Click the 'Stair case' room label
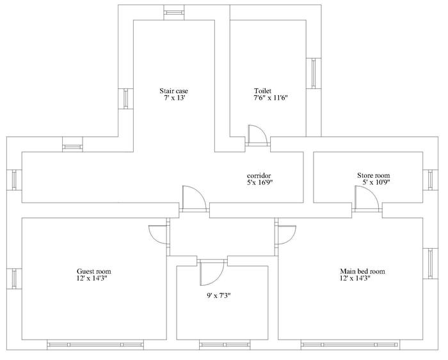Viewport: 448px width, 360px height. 173,91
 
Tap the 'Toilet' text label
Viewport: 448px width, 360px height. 262,91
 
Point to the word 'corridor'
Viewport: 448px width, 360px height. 259,176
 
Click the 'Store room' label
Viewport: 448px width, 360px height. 373,176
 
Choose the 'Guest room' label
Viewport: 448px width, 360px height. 93,271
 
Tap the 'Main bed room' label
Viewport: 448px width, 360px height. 362,271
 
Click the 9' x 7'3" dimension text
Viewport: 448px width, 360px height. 219,296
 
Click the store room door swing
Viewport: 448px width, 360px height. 367,198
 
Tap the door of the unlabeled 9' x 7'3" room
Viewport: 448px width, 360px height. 212,272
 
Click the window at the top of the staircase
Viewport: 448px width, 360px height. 173,13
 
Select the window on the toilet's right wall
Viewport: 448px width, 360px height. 314,73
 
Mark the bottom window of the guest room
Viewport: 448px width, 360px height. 95,345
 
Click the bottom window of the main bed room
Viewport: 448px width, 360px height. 350,345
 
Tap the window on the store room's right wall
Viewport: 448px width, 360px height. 430,180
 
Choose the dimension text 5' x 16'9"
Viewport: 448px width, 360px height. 260,183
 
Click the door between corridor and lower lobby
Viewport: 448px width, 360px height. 195,199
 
